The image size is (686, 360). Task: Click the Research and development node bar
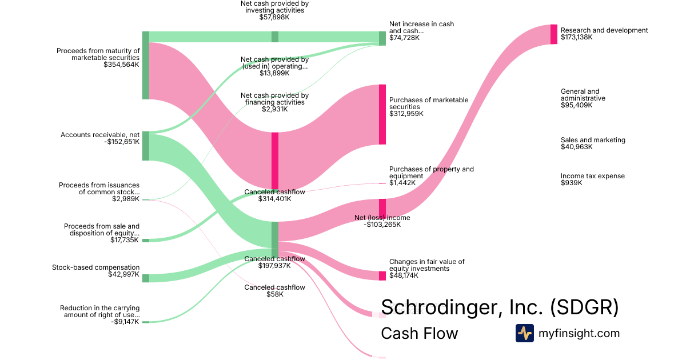[x=553, y=34]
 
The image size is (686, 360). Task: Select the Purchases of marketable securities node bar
[x=382, y=114]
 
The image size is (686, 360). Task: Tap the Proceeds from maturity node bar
[x=145, y=65]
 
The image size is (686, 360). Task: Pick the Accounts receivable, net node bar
[x=145, y=146]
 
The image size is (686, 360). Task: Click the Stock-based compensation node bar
[x=145, y=278]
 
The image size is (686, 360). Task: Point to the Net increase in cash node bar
[x=382, y=38]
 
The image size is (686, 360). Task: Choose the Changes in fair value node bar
[x=382, y=275]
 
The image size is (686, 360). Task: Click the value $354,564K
[x=121, y=65]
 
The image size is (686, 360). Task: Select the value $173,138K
[x=577, y=37]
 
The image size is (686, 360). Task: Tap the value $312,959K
[x=406, y=114]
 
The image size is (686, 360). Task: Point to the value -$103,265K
[x=382, y=225]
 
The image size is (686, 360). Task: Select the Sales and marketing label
[x=593, y=140]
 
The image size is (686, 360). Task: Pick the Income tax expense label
[x=592, y=176]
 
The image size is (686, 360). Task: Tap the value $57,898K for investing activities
[x=274, y=17]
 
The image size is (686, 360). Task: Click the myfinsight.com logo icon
[x=524, y=333]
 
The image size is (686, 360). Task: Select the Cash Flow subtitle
[x=419, y=333]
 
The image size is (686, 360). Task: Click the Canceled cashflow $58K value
[x=274, y=294]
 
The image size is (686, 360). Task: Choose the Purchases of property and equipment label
[x=431, y=173]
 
